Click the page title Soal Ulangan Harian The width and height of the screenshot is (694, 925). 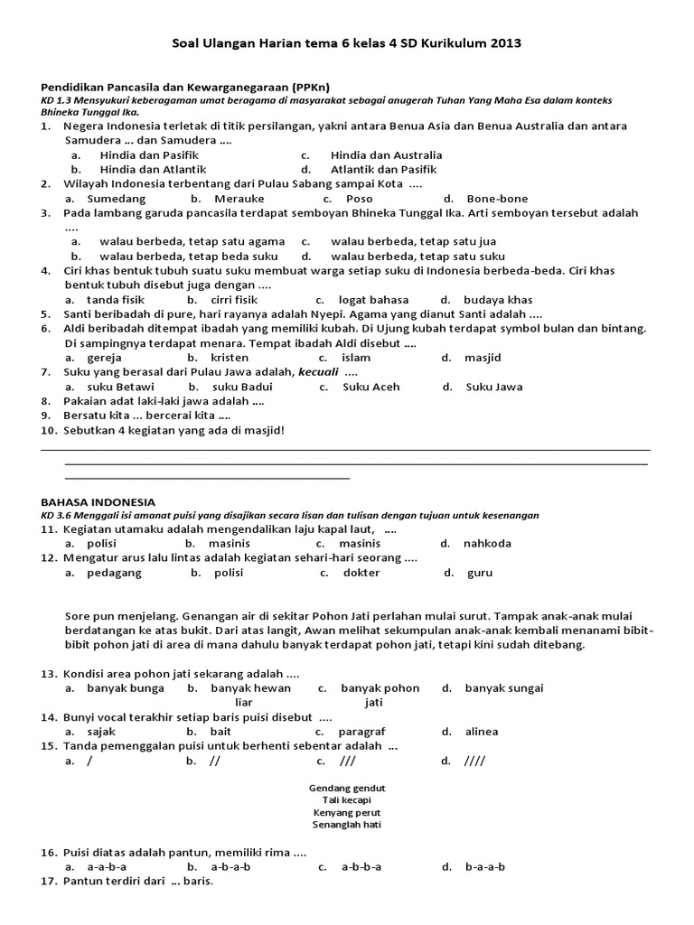coord(346,42)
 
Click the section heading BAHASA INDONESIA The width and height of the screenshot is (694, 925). coord(98,501)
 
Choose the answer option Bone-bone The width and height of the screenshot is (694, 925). coord(497,199)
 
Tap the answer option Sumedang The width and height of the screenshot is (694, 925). coord(116,199)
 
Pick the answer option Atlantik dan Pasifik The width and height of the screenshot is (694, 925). coord(383,169)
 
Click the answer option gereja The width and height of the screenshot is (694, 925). coord(105,358)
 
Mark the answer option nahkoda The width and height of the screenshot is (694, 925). coord(487,544)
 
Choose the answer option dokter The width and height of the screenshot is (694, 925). coord(361,573)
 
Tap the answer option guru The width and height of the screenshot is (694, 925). coord(480,573)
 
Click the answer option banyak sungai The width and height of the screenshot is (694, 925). coord(504,687)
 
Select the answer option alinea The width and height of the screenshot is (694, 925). coord(481,732)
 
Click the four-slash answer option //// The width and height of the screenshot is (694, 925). coord(474,761)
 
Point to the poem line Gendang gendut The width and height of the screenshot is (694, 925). coord(347,789)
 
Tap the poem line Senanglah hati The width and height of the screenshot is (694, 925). coord(347,825)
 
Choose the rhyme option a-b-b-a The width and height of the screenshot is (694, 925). coord(361,867)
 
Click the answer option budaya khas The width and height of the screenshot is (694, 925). coord(498,300)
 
